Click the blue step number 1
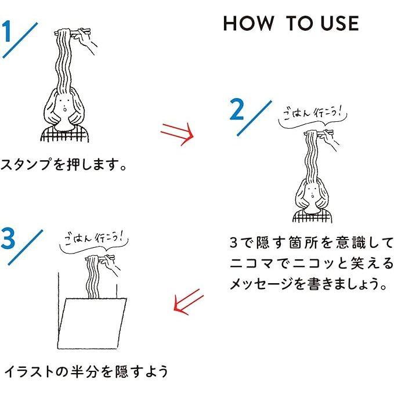click(6, 31)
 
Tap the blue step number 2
click(237, 109)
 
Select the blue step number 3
click(8, 238)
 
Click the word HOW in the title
click(248, 23)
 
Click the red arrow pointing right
click(177, 134)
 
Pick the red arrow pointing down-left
click(189, 302)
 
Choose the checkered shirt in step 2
click(312, 216)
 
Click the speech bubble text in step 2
click(312, 113)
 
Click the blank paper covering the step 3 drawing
click(92, 323)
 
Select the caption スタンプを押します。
click(63, 164)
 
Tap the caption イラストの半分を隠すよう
click(86, 371)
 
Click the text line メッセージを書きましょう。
click(309, 284)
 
